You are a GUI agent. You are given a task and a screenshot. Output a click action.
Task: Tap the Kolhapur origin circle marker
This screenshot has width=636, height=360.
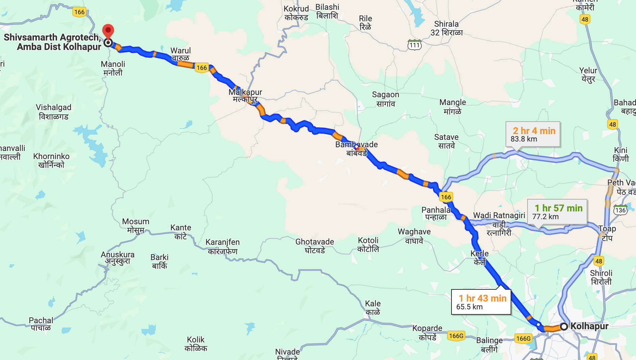564,327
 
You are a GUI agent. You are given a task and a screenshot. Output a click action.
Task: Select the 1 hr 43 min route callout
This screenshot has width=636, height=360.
481,302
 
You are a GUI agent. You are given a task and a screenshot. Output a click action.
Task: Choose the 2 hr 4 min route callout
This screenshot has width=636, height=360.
533,134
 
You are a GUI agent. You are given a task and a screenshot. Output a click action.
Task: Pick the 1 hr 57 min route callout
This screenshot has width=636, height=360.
557,211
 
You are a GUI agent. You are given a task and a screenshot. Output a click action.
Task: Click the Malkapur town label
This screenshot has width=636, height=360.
245,95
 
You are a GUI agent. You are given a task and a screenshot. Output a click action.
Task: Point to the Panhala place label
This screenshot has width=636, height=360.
436,213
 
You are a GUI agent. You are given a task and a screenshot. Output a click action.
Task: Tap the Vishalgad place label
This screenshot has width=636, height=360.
53,111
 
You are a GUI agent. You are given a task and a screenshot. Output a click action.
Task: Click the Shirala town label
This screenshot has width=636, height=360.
446,28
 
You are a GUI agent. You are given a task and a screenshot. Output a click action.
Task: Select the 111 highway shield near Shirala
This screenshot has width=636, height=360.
415,45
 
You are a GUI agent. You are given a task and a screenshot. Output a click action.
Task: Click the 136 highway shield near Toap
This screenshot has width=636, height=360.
620,210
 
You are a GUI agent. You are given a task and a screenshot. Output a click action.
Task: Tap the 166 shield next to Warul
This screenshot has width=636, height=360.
202,68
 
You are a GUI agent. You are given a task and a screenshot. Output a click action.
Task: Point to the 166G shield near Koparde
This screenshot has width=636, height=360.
456,336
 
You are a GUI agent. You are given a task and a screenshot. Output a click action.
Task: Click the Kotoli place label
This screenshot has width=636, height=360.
368,245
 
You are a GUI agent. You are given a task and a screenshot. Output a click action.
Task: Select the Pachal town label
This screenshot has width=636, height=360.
41,324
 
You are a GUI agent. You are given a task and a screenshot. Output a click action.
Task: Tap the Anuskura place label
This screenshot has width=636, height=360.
118,258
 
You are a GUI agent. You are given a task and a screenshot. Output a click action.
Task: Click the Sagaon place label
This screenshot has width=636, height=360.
386,99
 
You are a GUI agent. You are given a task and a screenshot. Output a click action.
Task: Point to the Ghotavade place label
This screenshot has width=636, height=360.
315,246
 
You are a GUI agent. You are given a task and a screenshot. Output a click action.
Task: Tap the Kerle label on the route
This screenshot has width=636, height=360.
480,257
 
